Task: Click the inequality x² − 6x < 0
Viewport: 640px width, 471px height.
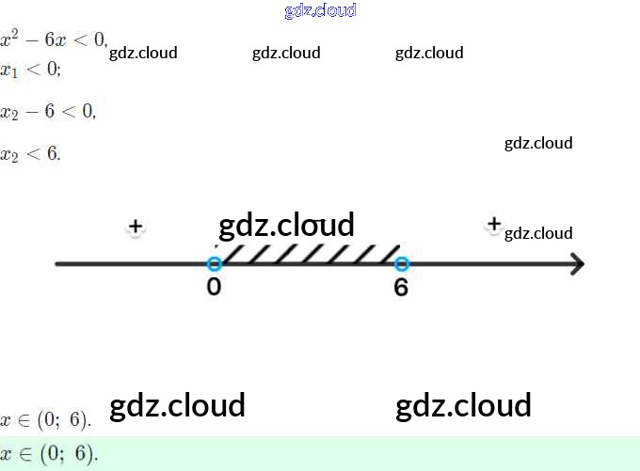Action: tap(54, 41)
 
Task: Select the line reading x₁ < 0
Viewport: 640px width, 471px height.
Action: tap(30, 70)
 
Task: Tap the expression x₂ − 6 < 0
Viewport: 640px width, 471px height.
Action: tap(47, 112)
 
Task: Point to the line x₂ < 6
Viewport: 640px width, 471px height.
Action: tap(30, 153)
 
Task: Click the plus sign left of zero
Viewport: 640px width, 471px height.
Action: tap(136, 227)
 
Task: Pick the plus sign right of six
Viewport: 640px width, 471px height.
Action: tap(493, 224)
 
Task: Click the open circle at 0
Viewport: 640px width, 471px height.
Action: tap(214, 264)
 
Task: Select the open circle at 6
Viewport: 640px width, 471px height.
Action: tap(402, 264)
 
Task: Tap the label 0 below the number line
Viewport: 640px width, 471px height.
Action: tap(214, 287)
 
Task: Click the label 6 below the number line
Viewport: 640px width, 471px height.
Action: tap(401, 287)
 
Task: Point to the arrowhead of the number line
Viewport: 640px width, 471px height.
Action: tap(576, 264)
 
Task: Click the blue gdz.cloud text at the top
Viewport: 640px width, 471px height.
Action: tap(320, 11)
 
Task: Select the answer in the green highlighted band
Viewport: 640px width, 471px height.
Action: tap(49, 454)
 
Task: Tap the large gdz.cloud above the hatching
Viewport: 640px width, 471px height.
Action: tap(286, 225)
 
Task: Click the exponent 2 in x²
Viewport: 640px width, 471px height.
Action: tap(16, 34)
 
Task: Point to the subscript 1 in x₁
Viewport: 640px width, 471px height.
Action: tap(13, 73)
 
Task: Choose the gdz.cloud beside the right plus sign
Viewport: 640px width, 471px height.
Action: tap(538, 233)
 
